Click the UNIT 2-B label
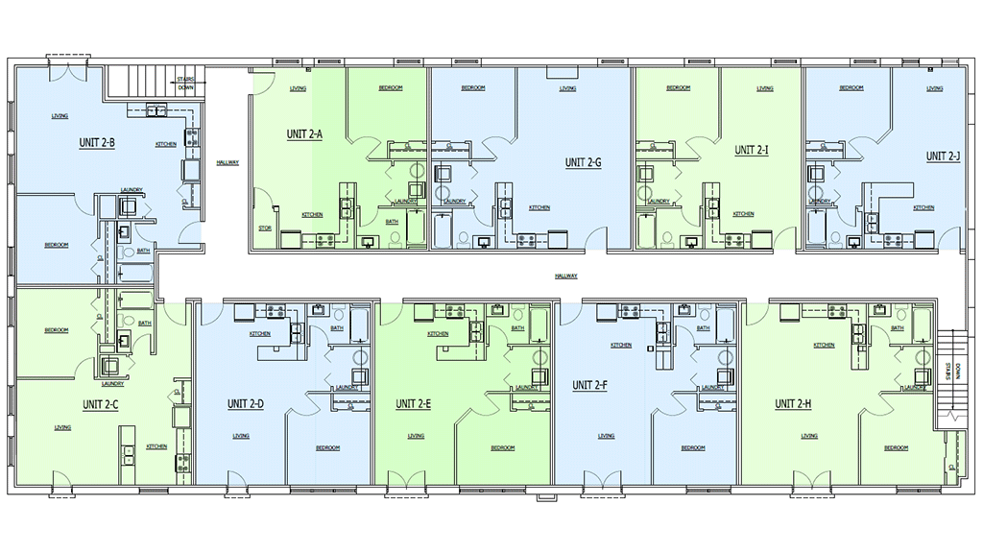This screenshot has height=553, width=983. point(97,143)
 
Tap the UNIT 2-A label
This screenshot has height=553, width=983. point(303,134)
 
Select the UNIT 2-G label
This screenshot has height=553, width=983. point(583,162)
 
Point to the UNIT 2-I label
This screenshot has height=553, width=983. point(752,150)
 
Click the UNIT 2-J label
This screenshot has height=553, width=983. point(943,156)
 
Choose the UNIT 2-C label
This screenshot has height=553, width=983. point(100,404)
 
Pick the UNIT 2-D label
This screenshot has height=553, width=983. point(245,404)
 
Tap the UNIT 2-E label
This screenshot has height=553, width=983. point(413,404)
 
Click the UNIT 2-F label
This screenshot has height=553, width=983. point(589,385)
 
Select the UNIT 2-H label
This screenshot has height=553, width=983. point(793,404)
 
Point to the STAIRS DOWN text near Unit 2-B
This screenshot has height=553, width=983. point(185,83)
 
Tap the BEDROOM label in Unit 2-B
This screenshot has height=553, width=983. point(57,245)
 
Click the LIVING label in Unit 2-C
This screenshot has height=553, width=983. point(62,427)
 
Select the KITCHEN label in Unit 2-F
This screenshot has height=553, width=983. point(621,345)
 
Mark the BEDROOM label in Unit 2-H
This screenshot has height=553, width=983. point(896,448)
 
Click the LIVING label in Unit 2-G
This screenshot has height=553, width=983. point(567,89)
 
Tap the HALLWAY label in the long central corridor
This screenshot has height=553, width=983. point(566,276)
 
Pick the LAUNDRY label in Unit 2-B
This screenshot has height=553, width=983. point(132,189)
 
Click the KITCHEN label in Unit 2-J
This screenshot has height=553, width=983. point(923,208)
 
